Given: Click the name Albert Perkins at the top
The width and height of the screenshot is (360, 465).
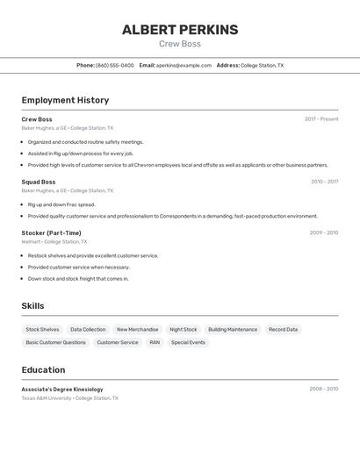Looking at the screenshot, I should [180, 30].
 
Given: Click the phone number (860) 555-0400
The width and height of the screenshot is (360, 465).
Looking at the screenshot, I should [115, 65].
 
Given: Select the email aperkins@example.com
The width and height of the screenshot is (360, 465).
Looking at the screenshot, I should [184, 65].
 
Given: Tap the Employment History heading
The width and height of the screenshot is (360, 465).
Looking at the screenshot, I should [65, 100].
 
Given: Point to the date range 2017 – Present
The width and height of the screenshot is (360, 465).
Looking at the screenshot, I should [321, 119].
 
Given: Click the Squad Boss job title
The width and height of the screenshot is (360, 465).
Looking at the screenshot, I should [39, 182].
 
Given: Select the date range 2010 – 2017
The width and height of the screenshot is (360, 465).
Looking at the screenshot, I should [324, 182].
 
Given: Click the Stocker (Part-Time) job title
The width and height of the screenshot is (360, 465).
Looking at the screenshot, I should [51, 232].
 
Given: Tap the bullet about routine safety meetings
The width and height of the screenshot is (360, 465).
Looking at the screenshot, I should [85, 141].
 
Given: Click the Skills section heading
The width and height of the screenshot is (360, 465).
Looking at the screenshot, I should [33, 306].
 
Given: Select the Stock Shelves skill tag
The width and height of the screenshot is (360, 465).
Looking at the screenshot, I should [43, 330].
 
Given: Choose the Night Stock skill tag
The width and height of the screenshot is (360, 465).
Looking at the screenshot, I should [184, 330].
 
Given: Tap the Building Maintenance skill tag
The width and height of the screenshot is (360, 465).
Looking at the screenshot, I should [233, 330].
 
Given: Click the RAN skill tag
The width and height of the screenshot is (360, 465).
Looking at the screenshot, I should [155, 342].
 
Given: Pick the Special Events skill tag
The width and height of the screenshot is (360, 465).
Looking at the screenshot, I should [188, 342].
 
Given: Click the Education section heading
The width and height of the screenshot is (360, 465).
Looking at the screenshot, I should [43, 369].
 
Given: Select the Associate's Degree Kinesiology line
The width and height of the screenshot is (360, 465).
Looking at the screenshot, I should [62, 389].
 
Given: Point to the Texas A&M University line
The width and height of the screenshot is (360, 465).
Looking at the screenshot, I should [69, 398].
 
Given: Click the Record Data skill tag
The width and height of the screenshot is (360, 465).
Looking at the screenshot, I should [283, 330].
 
